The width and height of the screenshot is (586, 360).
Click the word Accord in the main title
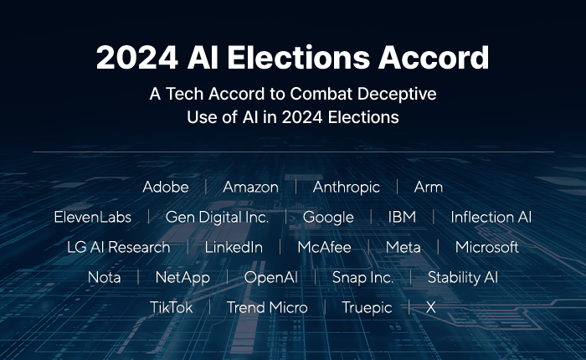[434, 57]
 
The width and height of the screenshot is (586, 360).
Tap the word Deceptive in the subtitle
[397, 95]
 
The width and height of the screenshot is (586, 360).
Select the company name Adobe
[166, 187]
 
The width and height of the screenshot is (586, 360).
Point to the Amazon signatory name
[251, 187]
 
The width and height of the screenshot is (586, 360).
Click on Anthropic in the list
[347, 188]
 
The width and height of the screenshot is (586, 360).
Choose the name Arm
[429, 187]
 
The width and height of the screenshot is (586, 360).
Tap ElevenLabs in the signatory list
[93, 217]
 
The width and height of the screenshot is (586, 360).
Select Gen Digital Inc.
[217, 217]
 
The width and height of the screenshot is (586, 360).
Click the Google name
[328, 218]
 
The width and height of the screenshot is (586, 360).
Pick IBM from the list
[402, 217]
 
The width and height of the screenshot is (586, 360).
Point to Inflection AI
[491, 217]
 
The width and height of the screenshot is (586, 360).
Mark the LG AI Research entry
[119, 248]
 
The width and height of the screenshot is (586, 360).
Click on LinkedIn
[234, 248]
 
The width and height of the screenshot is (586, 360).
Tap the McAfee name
[325, 248]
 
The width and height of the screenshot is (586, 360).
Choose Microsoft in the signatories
[487, 248]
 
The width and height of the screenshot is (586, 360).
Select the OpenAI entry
[271, 278]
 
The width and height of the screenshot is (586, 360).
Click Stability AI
[463, 278]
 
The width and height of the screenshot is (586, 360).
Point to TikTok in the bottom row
[171, 308]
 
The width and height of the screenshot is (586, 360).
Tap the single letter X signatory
[431, 308]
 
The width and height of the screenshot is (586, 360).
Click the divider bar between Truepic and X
[409, 307]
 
